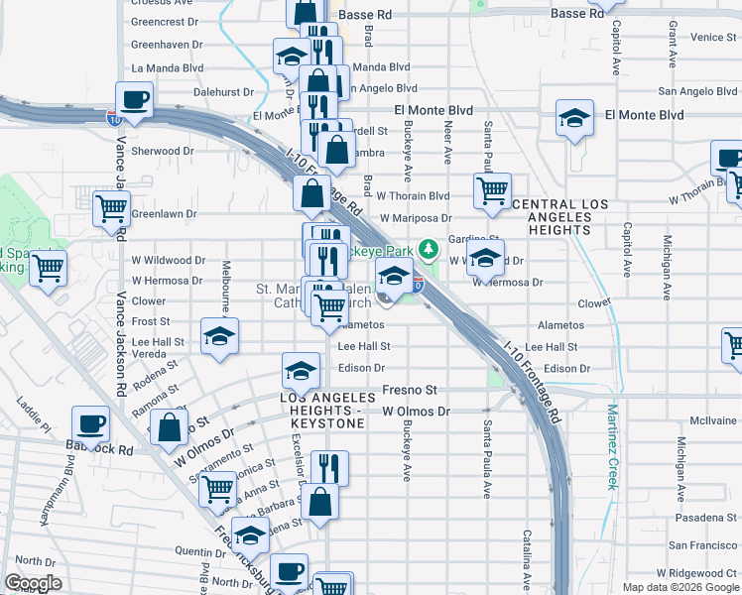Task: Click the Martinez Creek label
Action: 613,447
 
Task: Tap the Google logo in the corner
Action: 33,583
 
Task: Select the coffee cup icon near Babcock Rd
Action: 92,423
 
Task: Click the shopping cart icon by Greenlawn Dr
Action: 111,208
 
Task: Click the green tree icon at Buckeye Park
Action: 428,248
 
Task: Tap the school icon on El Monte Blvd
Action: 574,119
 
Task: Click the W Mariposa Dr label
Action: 420,217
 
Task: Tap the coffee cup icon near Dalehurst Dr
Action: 135,99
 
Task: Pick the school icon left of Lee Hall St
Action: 219,336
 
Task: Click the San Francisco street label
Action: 702,545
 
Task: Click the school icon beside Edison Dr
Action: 301,371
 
